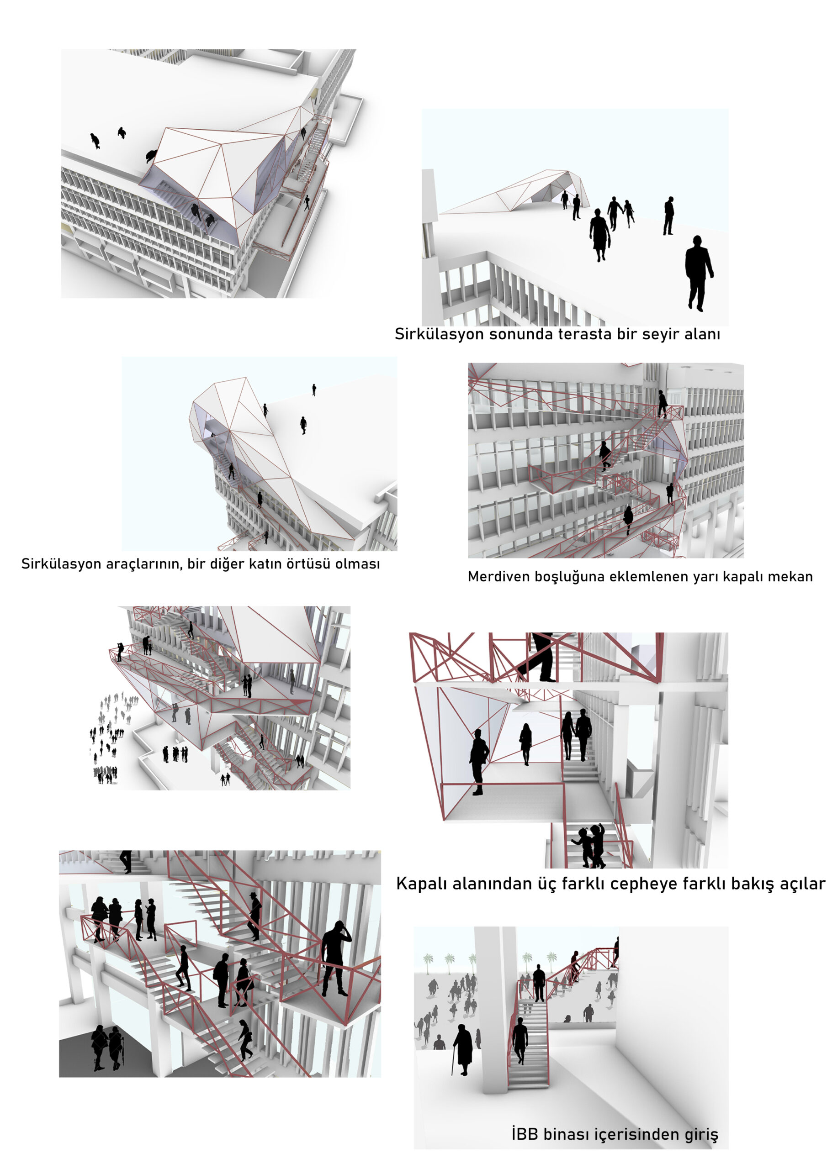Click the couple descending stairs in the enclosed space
pyautogui.click(x=576, y=735)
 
